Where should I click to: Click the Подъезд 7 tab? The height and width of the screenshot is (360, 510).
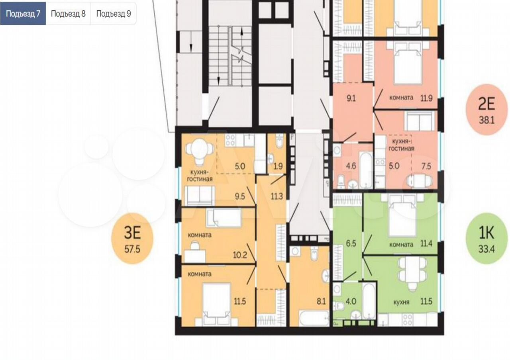[23, 14]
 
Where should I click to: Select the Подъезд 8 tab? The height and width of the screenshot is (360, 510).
[68, 14]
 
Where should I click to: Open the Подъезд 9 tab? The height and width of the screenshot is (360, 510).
[114, 14]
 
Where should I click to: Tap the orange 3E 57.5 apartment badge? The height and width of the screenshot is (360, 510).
[132, 239]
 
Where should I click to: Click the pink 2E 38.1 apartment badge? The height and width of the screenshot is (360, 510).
[487, 110]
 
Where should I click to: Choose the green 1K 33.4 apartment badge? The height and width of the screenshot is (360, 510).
[487, 239]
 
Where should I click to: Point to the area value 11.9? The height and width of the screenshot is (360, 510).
[426, 98]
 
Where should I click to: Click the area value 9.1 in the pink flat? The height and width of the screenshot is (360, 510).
[351, 98]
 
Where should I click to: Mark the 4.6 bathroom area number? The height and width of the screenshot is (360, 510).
[351, 166]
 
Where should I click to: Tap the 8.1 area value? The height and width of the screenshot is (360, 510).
[321, 301]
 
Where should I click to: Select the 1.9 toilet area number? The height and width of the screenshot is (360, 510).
[278, 166]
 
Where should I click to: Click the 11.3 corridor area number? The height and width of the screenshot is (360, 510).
[277, 196]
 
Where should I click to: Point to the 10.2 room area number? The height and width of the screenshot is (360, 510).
[240, 255]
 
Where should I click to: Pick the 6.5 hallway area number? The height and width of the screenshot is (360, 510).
[351, 243]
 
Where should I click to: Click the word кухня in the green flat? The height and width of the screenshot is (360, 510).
[401, 302]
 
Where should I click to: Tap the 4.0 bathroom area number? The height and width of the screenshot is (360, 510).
[351, 301]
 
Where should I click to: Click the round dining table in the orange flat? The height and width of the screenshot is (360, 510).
[200, 150]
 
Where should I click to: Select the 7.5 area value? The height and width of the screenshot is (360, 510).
[426, 166]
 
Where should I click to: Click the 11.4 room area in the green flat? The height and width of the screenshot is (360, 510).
[426, 244]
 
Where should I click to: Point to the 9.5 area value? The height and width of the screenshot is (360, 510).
[240, 196]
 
